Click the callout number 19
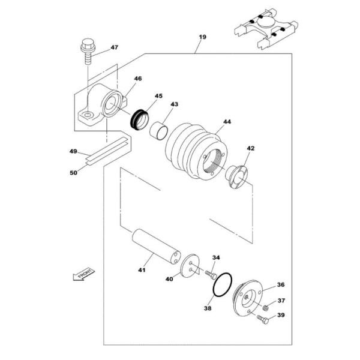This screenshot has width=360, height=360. [x=202, y=37]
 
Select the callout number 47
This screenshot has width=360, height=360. [x=114, y=47]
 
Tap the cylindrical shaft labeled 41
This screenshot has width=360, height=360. [x=155, y=245]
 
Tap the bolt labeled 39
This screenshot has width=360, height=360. [x=263, y=322]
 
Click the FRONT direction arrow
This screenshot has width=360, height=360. [x=82, y=274]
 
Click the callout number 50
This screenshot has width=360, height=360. [x=73, y=173]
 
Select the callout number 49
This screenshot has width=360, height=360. [x=73, y=152]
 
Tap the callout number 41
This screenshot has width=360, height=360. [x=142, y=271]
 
